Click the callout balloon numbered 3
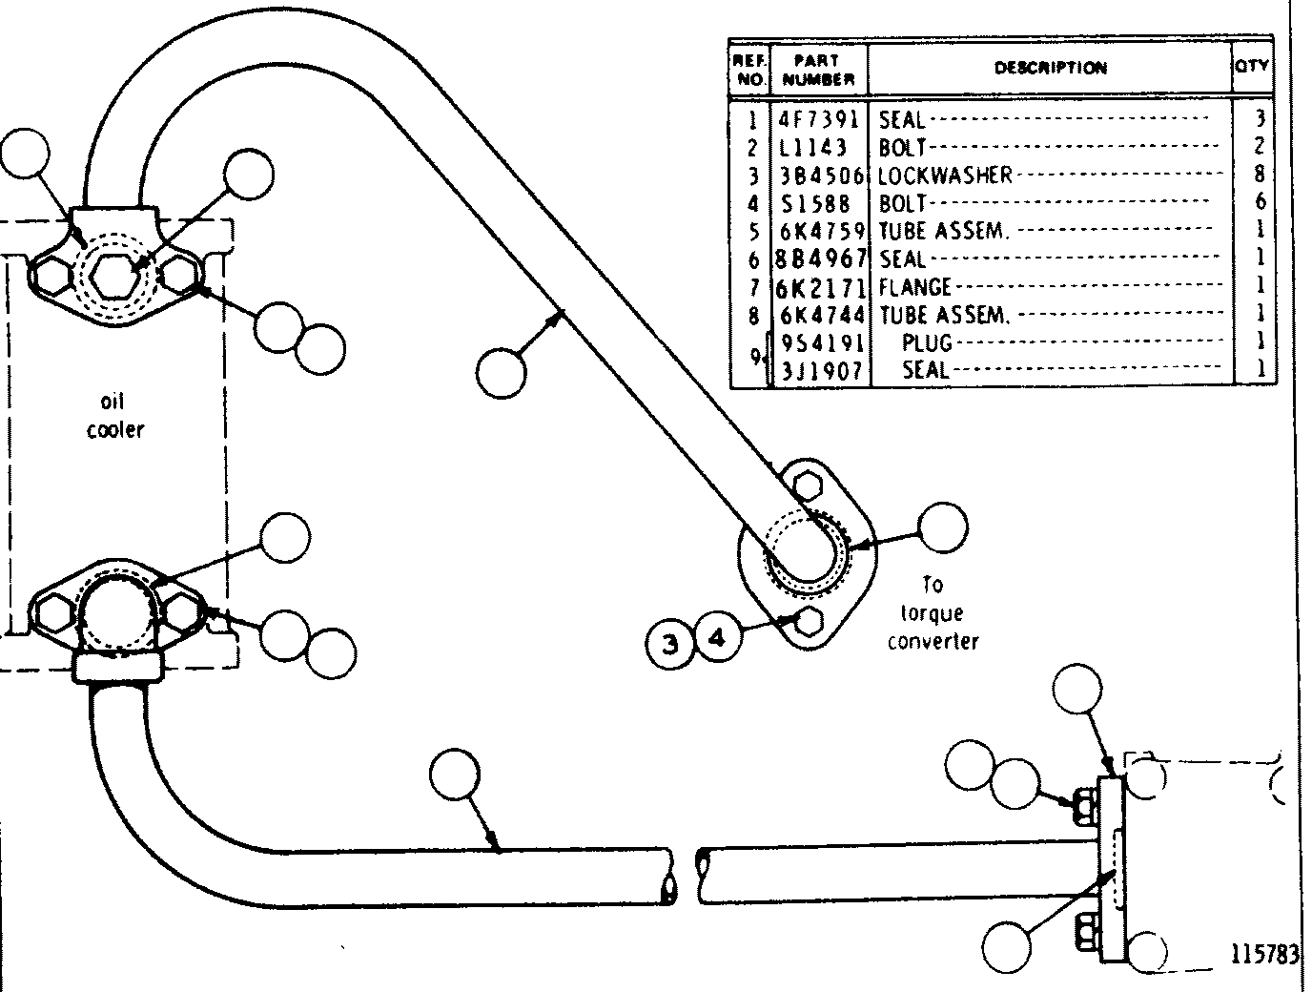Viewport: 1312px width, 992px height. point(670,644)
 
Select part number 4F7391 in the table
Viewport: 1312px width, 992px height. point(818,119)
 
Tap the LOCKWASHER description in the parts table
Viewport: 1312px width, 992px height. point(945,176)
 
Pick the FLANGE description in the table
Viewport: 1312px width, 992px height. point(914,288)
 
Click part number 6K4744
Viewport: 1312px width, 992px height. point(823,315)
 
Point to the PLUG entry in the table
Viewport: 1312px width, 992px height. point(927,342)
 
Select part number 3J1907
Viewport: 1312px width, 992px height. point(822,371)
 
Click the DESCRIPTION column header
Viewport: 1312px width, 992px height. point(1050,68)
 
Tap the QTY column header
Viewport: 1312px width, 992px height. point(1252,65)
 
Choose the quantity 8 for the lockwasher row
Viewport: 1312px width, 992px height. point(1260,174)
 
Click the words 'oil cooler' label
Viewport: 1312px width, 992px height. point(114,416)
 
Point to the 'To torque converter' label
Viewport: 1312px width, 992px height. point(933,612)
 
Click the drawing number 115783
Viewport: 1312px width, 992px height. point(1264,955)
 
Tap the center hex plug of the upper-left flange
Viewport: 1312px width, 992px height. point(115,276)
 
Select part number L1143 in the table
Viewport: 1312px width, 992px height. point(813,147)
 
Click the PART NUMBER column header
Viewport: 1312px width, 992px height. point(818,70)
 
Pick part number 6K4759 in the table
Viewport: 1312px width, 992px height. point(823,231)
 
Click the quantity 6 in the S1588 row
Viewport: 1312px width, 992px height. point(1260,201)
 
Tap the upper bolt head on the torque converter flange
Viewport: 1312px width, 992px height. point(809,485)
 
